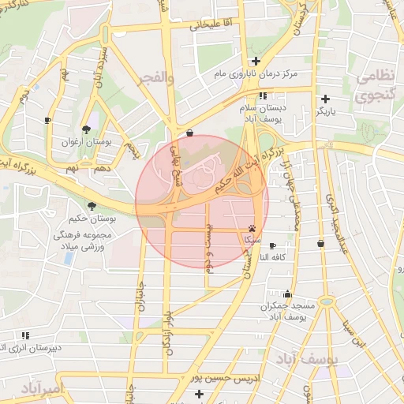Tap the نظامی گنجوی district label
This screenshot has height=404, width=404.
[378, 86]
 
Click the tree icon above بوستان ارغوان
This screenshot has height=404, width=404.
[86, 129]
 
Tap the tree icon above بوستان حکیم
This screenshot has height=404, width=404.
[93, 206]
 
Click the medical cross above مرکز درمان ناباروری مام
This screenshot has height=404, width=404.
[256, 61]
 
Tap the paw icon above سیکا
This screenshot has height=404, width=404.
[252, 226]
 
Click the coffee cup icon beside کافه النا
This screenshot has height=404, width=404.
[272, 245]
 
